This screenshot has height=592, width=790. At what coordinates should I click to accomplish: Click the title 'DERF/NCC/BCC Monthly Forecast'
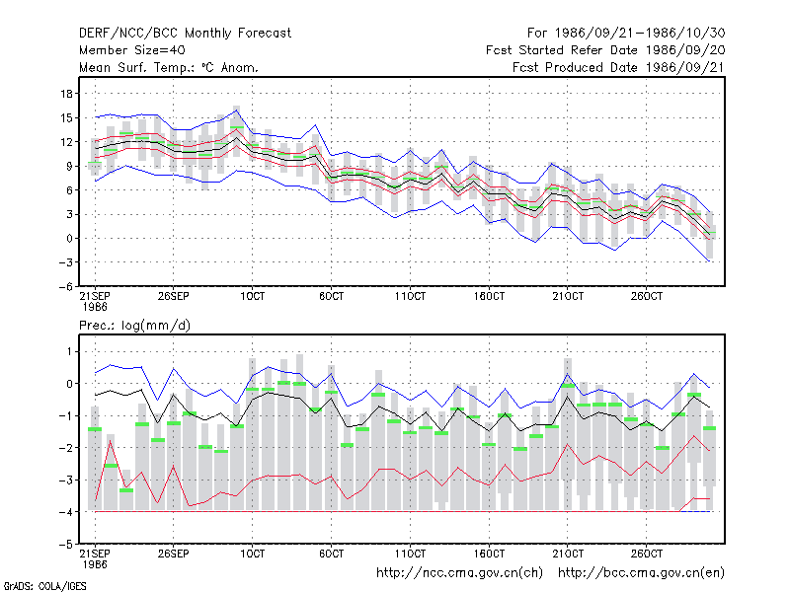click(185, 34)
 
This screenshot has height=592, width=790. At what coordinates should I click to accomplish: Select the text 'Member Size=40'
click(132, 50)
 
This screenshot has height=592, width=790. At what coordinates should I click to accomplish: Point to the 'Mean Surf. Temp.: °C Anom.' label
click(169, 67)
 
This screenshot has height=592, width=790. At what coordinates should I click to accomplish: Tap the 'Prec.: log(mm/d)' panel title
click(134, 326)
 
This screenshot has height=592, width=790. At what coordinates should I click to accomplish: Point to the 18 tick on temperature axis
click(67, 94)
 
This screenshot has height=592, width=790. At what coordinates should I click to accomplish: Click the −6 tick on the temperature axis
click(65, 287)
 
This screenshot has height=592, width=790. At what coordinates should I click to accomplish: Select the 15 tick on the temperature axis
click(67, 117)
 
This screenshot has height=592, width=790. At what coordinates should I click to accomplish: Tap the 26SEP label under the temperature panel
click(174, 296)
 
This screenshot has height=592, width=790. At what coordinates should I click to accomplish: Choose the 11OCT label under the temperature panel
click(410, 296)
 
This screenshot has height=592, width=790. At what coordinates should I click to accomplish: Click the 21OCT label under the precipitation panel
click(568, 554)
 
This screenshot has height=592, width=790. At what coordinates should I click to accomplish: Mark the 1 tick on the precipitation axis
click(69, 351)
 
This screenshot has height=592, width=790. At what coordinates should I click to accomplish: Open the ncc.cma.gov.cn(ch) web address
click(460, 573)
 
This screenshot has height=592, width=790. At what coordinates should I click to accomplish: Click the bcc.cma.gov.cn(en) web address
click(641, 573)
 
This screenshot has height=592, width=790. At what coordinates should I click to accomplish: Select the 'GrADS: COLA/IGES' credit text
click(44, 586)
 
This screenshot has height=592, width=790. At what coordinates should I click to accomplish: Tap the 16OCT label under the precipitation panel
click(489, 554)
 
